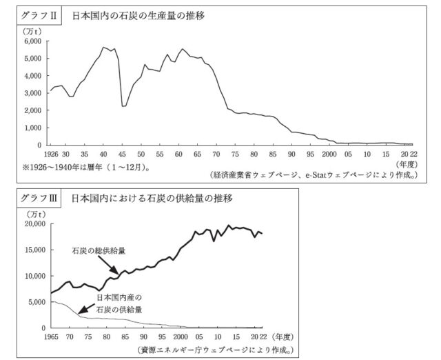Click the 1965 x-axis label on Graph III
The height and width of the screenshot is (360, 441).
51,337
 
